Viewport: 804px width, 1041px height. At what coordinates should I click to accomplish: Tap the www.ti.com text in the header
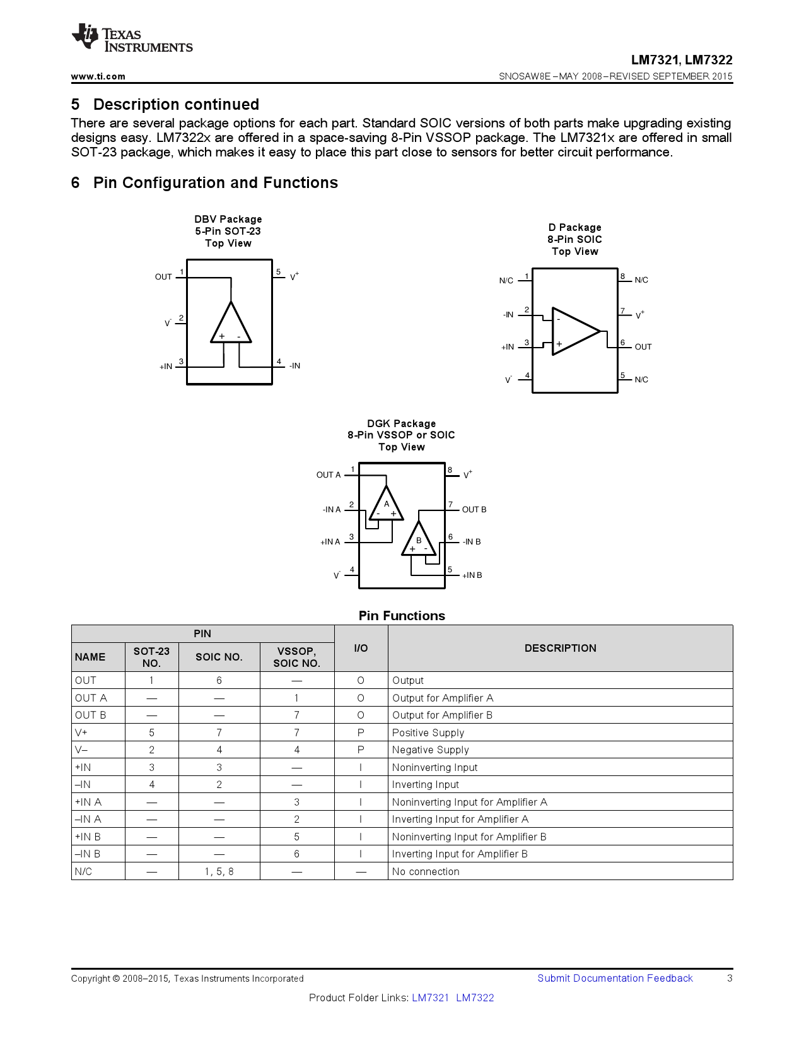click(98, 76)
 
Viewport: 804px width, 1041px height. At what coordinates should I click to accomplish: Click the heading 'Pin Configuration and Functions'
click(215, 183)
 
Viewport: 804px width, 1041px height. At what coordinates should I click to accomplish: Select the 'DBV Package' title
click(228, 219)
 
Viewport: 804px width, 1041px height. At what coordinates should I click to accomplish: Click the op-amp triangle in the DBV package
click(231, 325)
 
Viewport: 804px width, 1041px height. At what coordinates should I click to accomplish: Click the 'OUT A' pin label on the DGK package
click(328, 475)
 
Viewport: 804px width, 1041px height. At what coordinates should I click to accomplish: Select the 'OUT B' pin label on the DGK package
click(474, 510)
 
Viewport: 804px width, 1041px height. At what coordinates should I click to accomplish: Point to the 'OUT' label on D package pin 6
click(643, 347)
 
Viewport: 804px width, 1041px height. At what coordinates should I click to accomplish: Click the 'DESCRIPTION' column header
click(560, 648)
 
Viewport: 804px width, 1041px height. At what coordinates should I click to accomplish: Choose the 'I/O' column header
click(361, 648)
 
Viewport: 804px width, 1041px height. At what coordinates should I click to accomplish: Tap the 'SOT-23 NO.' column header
click(151, 657)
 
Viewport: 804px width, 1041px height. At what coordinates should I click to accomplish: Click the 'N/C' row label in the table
click(83, 871)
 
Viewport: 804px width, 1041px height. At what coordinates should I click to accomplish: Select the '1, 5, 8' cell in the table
click(219, 871)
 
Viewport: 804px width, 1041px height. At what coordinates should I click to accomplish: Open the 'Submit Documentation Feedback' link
click(615, 978)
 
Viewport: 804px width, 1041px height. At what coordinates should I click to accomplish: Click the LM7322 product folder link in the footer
click(475, 997)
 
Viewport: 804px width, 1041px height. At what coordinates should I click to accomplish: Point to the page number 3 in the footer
click(730, 978)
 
